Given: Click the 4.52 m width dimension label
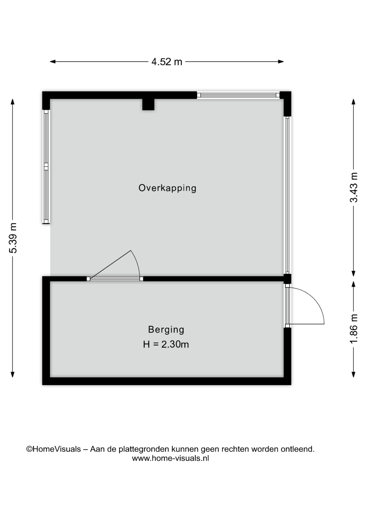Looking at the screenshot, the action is click(x=167, y=62).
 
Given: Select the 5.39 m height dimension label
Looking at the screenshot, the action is click(x=13, y=238).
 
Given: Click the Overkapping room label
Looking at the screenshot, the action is click(x=167, y=188).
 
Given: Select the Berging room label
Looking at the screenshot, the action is click(x=166, y=330).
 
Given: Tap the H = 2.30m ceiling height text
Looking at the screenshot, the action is click(x=166, y=344).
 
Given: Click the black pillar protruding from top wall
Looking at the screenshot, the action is click(x=148, y=104).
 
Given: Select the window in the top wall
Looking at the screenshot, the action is click(x=238, y=95).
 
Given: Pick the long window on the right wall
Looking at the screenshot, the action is click(x=287, y=195).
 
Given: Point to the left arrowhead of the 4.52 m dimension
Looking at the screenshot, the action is click(x=53, y=62).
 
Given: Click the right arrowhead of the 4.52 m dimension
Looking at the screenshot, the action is click(x=281, y=62).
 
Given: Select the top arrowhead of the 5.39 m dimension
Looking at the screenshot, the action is click(x=12, y=102).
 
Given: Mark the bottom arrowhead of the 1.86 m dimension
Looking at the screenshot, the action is click(x=354, y=375).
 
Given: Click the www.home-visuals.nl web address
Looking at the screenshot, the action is click(x=170, y=458).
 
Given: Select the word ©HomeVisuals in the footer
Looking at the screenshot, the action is click(x=53, y=449).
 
